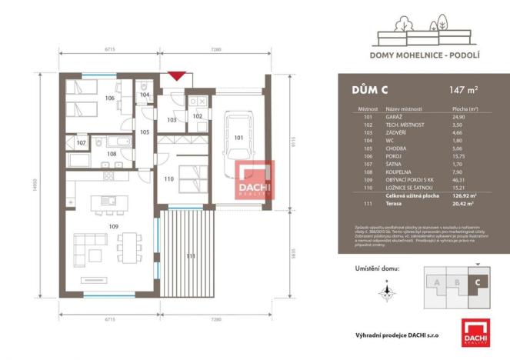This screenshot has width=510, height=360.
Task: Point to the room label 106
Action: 109,98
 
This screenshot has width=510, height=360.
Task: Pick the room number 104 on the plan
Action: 145,95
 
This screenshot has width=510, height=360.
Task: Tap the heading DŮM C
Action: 365,89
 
